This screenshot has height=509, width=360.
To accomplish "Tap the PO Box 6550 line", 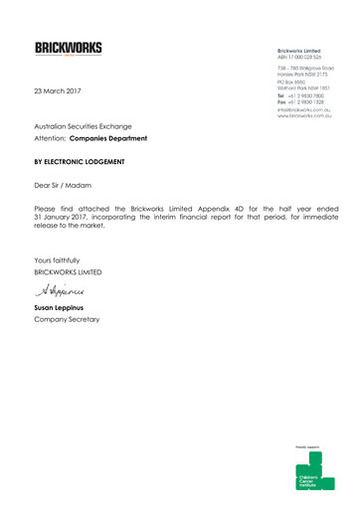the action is [x=276, y=84].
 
